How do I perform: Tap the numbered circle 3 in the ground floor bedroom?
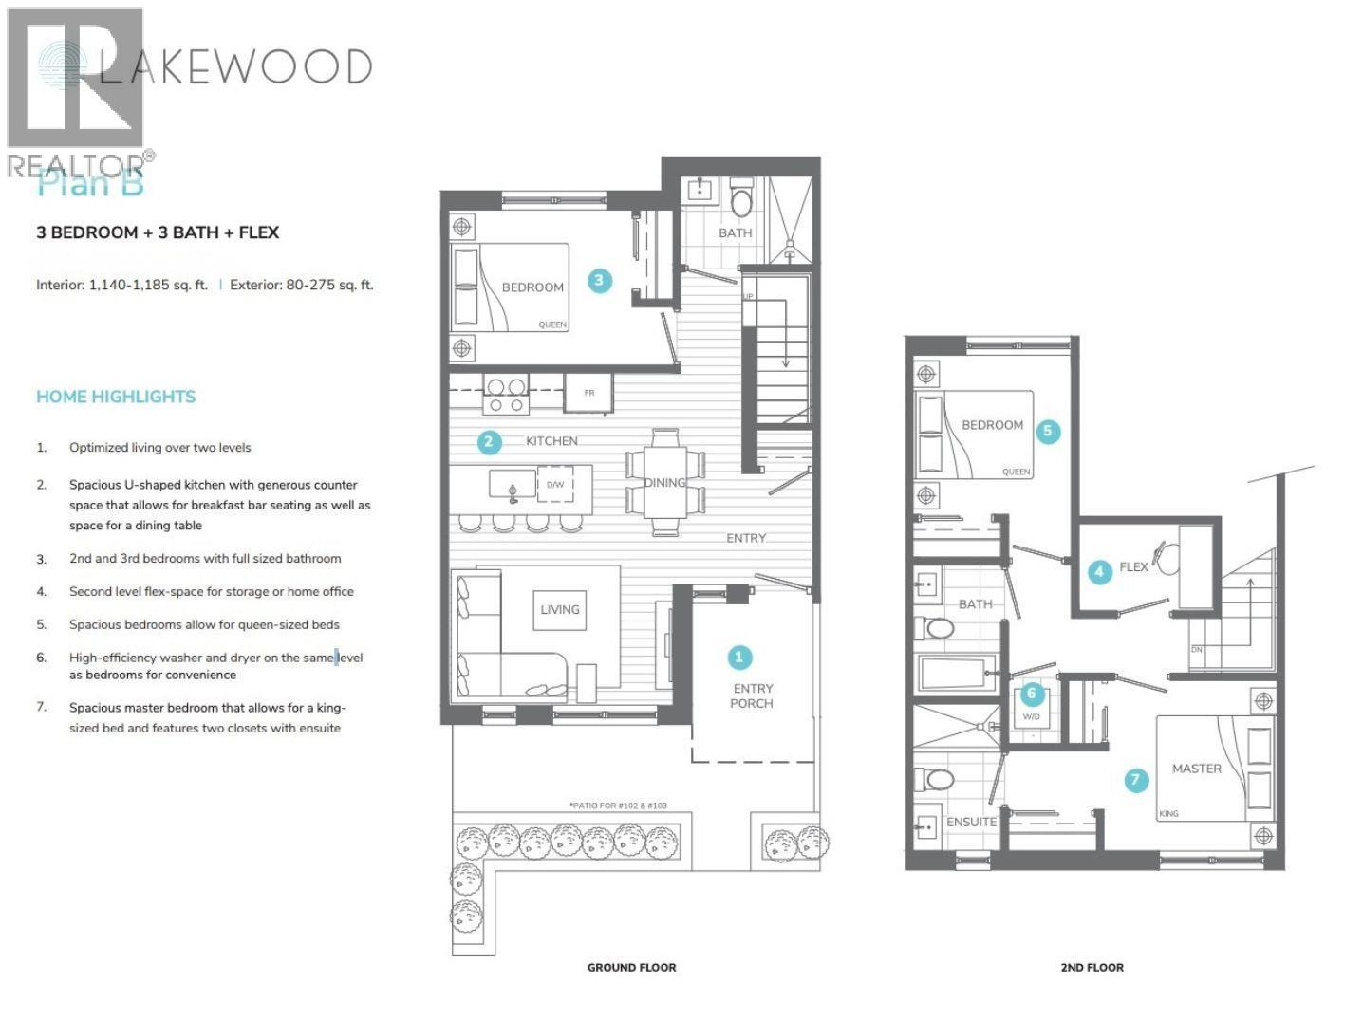[x=599, y=280]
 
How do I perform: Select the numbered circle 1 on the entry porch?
[x=739, y=658]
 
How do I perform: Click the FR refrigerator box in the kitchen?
[x=588, y=393]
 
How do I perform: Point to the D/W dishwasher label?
[x=555, y=485]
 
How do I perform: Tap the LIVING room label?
[x=559, y=610]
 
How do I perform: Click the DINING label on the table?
[x=664, y=483]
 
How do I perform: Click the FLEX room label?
[x=1133, y=567]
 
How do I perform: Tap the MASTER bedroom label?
[x=1196, y=769]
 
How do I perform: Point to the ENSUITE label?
[x=971, y=822]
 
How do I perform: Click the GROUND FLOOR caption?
[x=631, y=968]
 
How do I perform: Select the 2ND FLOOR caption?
[x=1092, y=968]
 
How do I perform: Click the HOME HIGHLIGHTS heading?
[x=116, y=397]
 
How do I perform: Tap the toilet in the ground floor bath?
[x=741, y=201]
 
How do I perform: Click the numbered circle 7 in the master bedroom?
[x=1136, y=781]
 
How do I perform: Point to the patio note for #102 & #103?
[x=618, y=806]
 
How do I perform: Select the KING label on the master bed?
[x=1168, y=814]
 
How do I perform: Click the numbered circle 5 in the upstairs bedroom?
[x=1048, y=431]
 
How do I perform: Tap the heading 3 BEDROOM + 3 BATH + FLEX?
[x=158, y=232]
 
